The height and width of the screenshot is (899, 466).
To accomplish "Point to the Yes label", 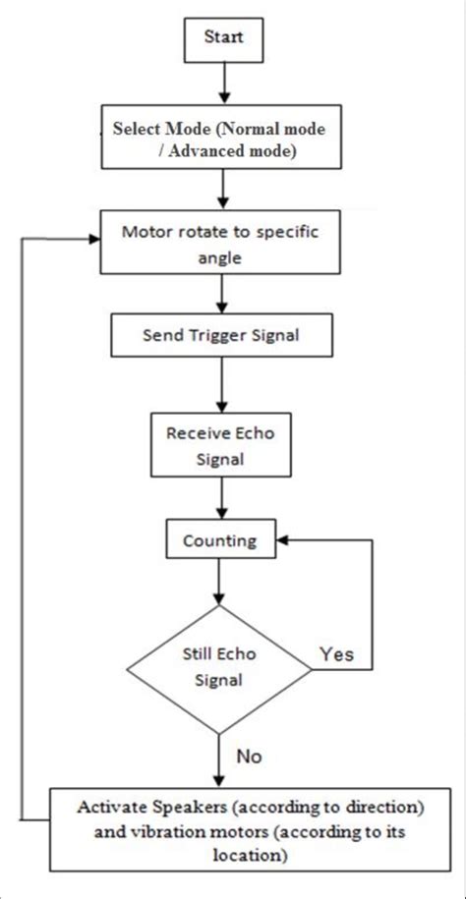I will [x=338, y=653].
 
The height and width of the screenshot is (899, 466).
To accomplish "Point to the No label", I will [x=250, y=757].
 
